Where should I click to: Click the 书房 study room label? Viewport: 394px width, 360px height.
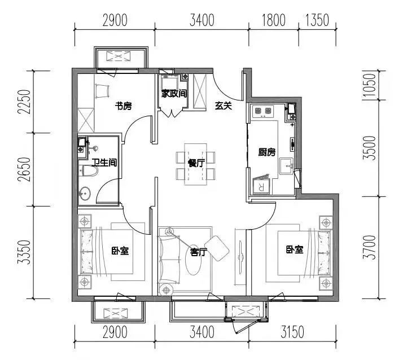coord(123,106)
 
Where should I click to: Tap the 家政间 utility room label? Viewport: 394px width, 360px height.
coord(174,94)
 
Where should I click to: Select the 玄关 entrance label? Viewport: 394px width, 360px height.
coord(223,106)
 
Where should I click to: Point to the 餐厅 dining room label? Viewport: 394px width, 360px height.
coord(196,163)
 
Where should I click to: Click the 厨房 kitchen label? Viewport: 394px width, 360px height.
coord(267,152)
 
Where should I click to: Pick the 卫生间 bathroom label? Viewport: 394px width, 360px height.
coord(104,163)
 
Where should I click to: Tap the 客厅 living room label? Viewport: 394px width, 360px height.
coord(198,252)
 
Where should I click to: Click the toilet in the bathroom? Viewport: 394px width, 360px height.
coord(87,172)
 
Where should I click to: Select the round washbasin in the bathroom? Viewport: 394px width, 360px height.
coord(85,194)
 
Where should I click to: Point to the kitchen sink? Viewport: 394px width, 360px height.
coord(286,166)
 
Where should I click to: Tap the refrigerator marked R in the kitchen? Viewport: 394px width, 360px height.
coord(261,186)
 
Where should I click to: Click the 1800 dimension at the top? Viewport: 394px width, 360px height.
coord(274,20)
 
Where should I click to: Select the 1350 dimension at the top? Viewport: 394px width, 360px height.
coord(317,20)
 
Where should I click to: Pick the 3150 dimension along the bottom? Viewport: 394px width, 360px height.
coord(292,332)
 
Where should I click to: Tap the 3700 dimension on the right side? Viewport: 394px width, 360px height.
coord(369,247)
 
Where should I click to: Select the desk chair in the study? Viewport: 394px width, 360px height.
coord(102,91)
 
